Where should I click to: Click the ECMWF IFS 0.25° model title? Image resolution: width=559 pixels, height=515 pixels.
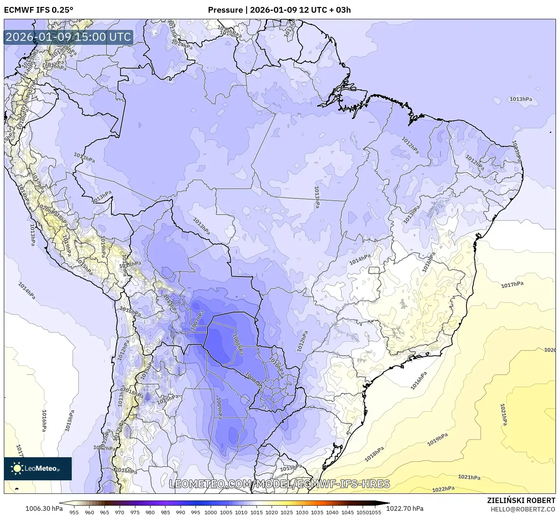39,10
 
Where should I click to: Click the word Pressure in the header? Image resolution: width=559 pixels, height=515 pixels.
225,10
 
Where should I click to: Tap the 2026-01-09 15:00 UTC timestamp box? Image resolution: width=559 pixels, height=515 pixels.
68,37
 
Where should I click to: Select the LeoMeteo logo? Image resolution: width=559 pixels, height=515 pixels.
38,468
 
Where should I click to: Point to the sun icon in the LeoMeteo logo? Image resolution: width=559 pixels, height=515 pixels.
17,468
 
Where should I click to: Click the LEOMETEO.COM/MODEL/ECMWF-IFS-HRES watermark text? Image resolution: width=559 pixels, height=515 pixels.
279,484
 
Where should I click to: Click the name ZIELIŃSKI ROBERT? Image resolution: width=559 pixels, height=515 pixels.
521,500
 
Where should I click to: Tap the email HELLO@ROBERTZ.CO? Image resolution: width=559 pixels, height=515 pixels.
523,509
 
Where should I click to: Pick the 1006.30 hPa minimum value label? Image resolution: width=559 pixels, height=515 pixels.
44,508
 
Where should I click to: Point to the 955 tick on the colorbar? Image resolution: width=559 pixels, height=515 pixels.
74,512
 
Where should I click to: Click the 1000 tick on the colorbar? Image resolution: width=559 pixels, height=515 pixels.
211,512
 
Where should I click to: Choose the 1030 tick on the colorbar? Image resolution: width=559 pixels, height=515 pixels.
302,512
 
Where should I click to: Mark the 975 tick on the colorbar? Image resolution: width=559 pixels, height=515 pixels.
135,512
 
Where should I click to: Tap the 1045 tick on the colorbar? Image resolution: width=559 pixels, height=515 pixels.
348,512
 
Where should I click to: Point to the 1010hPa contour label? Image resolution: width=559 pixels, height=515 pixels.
276,366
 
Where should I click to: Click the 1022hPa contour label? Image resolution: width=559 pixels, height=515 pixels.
443,489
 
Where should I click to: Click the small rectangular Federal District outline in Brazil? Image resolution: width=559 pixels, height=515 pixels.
374,270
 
